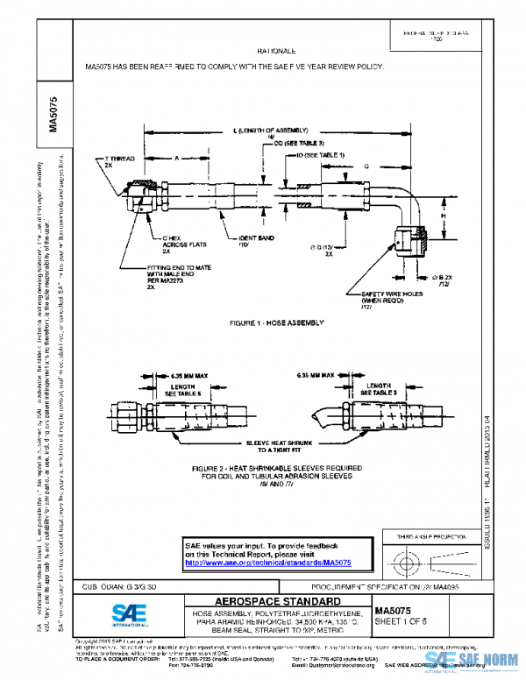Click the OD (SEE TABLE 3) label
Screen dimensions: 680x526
[x=301, y=143]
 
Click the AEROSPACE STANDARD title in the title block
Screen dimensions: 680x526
[x=266, y=601]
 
